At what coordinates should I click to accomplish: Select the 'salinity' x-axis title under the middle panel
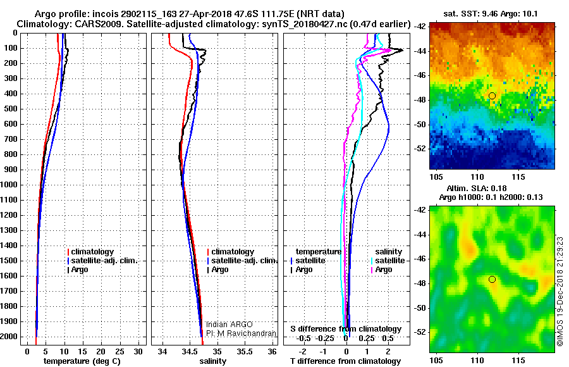pos(213,361)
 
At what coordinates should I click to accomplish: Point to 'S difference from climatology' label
pos(346,329)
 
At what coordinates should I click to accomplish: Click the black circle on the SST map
pos(492,96)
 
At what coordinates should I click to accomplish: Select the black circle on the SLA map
pos(492,279)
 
